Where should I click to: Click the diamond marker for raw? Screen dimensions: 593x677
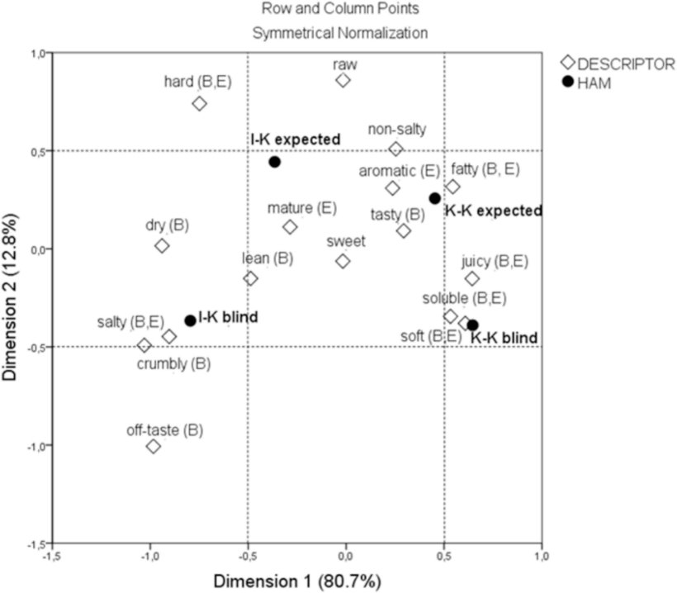tap(343, 80)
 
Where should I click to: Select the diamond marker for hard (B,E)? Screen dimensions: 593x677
tap(199, 103)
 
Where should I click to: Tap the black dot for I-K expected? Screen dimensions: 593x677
tap(275, 162)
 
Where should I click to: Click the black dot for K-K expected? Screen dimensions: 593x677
tap(434, 198)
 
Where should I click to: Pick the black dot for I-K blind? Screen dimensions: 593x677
tap(190, 320)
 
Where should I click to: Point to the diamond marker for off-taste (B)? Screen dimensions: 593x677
tap(153, 447)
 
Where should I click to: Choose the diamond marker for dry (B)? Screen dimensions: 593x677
tap(162, 245)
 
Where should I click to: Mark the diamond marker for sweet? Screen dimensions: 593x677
tap(343, 261)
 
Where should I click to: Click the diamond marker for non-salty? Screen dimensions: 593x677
tap(395, 149)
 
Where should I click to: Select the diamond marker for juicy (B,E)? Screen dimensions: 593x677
tap(471, 278)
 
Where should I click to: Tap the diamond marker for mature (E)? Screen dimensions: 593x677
tap(290, 227)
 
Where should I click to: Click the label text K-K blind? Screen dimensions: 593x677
tap(504, 338)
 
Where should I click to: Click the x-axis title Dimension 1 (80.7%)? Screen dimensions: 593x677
tap(297, 581)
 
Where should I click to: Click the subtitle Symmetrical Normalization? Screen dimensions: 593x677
tap(339, 34)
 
